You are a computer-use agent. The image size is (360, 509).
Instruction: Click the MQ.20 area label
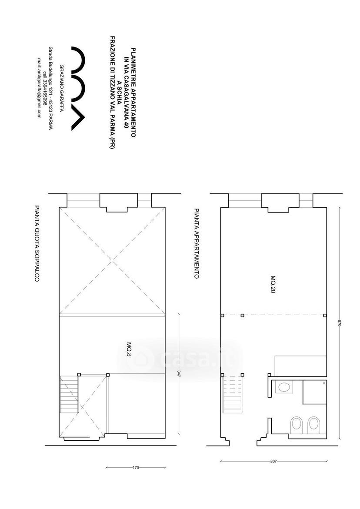tap(273, 285)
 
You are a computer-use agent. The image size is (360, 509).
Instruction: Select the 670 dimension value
tap(340, 323)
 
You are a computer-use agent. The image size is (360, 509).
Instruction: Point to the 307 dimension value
tap(273, 461)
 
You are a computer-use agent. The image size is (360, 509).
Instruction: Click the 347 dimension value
tap(179, 373)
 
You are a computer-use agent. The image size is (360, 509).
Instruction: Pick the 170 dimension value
tap(136, 468)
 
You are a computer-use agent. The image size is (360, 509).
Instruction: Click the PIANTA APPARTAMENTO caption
tap(196, 243)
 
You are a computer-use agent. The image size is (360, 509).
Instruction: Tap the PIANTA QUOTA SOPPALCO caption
tap(37, 243)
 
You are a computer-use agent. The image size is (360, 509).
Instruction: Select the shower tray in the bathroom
tap(314, 392)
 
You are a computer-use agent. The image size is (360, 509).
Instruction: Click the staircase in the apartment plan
tap(233, 393)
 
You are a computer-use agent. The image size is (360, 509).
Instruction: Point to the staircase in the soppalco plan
tap(69, 394)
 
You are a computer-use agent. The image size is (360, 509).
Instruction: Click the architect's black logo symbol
tap(79, 89)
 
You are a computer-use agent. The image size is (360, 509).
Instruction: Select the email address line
tap(39, 88)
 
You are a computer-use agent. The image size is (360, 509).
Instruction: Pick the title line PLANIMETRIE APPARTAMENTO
tap(133, 93)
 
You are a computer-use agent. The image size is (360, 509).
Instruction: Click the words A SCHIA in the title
tap(119, 93)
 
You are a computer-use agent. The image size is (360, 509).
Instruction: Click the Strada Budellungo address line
tap(50, 88)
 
